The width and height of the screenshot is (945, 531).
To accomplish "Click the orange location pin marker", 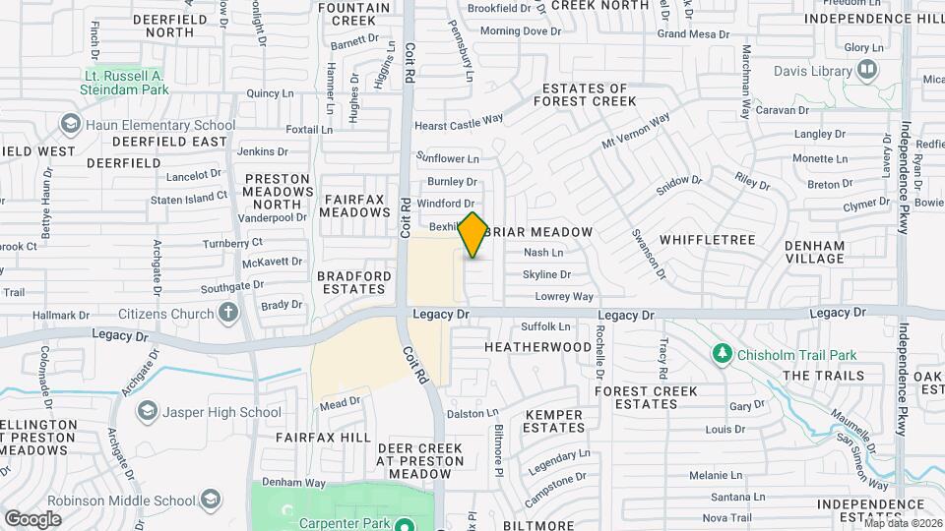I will point(473,235).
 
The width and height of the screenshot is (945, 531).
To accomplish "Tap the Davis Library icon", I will point(867,70).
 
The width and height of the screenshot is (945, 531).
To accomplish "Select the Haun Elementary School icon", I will point(70,125).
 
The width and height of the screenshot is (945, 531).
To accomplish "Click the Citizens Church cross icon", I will point(228,314).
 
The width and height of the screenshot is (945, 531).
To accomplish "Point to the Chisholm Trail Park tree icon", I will point(722,354).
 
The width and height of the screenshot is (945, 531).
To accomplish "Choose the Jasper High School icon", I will point(147,411).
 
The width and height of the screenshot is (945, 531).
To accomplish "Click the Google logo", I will point(32,518).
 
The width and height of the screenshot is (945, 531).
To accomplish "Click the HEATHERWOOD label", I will point(538,347).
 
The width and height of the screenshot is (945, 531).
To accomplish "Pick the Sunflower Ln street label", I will point(447,158).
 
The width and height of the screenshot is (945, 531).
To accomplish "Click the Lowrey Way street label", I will point(564,296).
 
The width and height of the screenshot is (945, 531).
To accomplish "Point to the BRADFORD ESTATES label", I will point(351,282).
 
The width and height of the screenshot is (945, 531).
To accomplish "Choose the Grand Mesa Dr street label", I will point(693,34).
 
